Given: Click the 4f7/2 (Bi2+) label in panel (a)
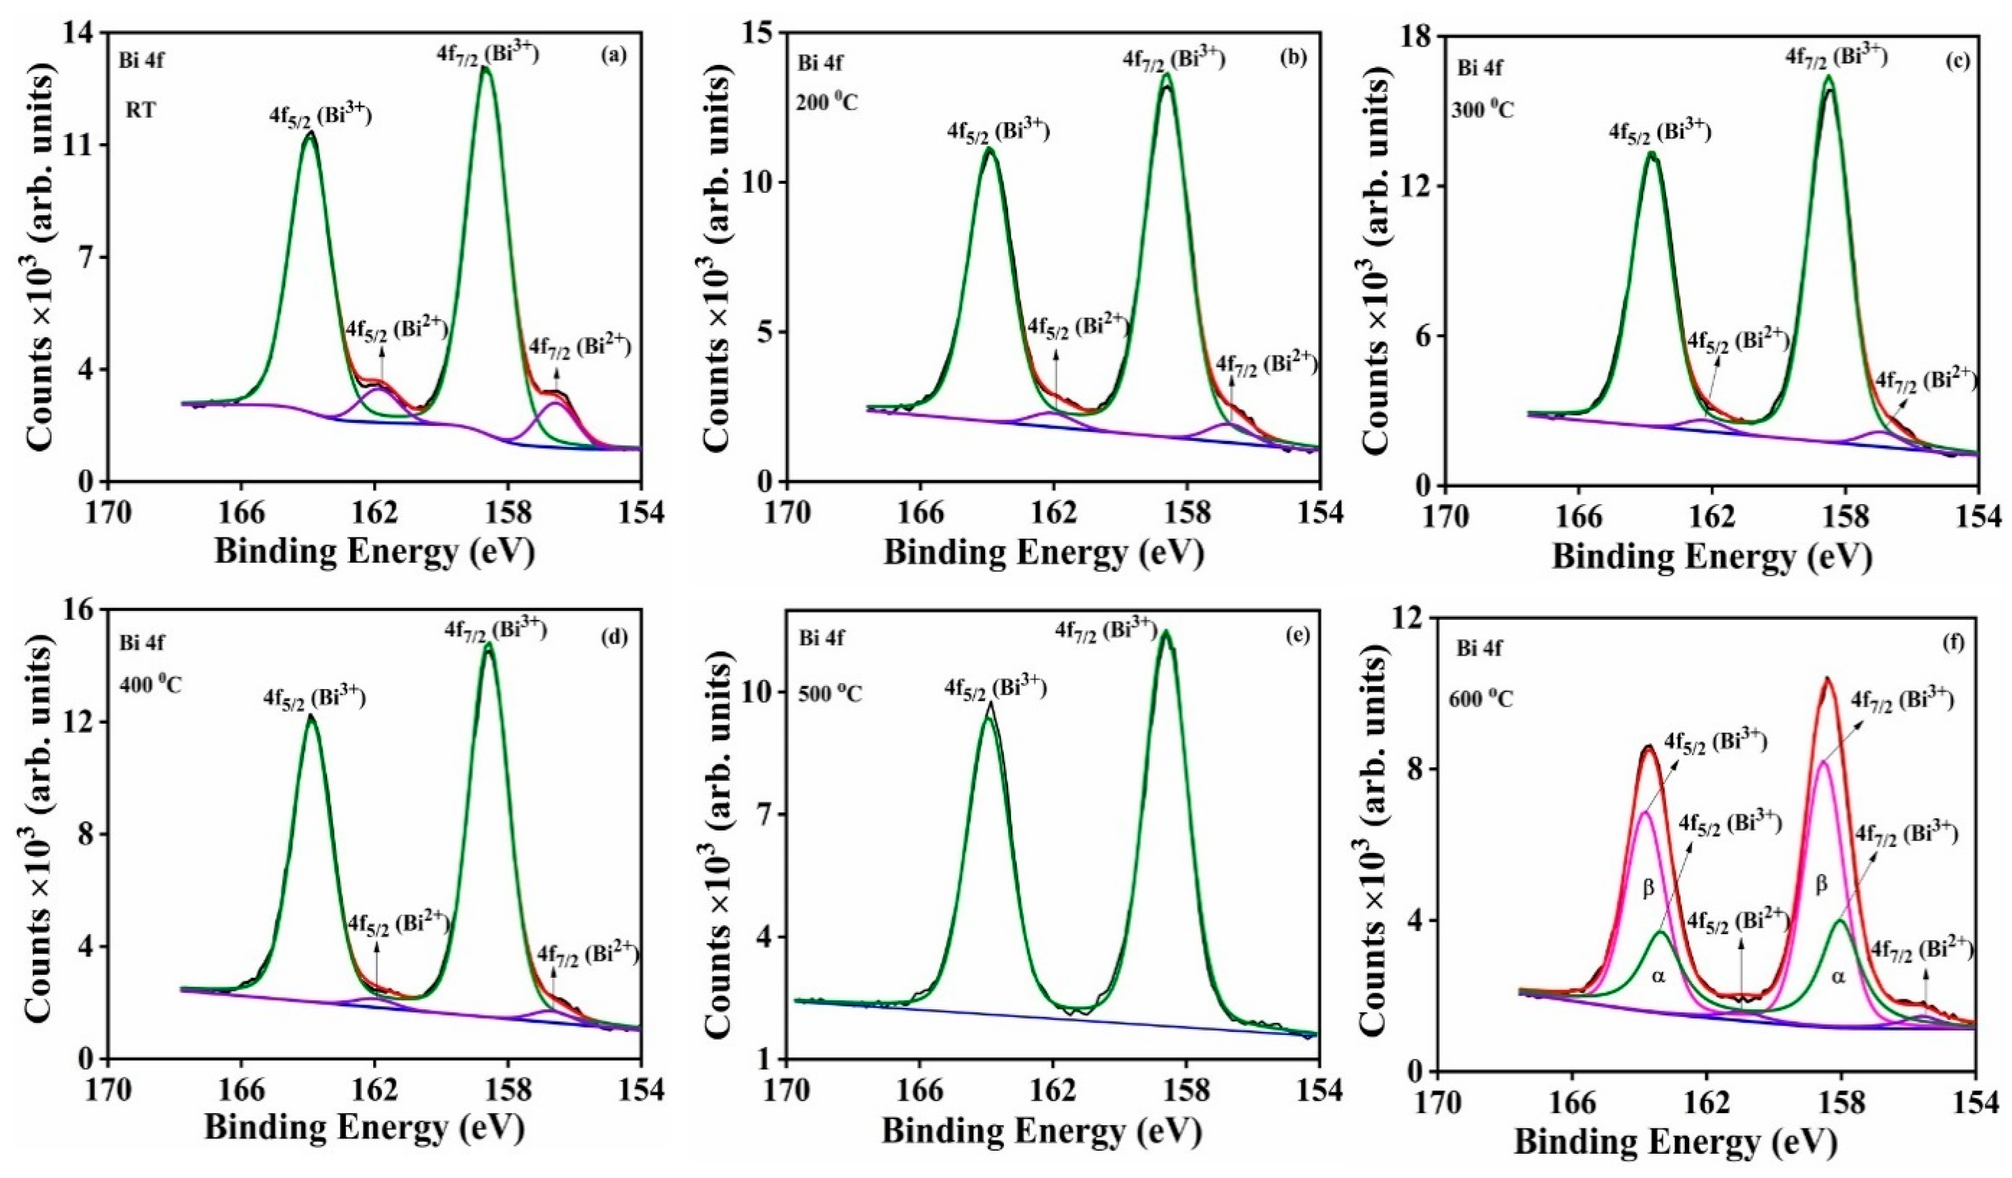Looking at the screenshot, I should pos(580,346).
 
